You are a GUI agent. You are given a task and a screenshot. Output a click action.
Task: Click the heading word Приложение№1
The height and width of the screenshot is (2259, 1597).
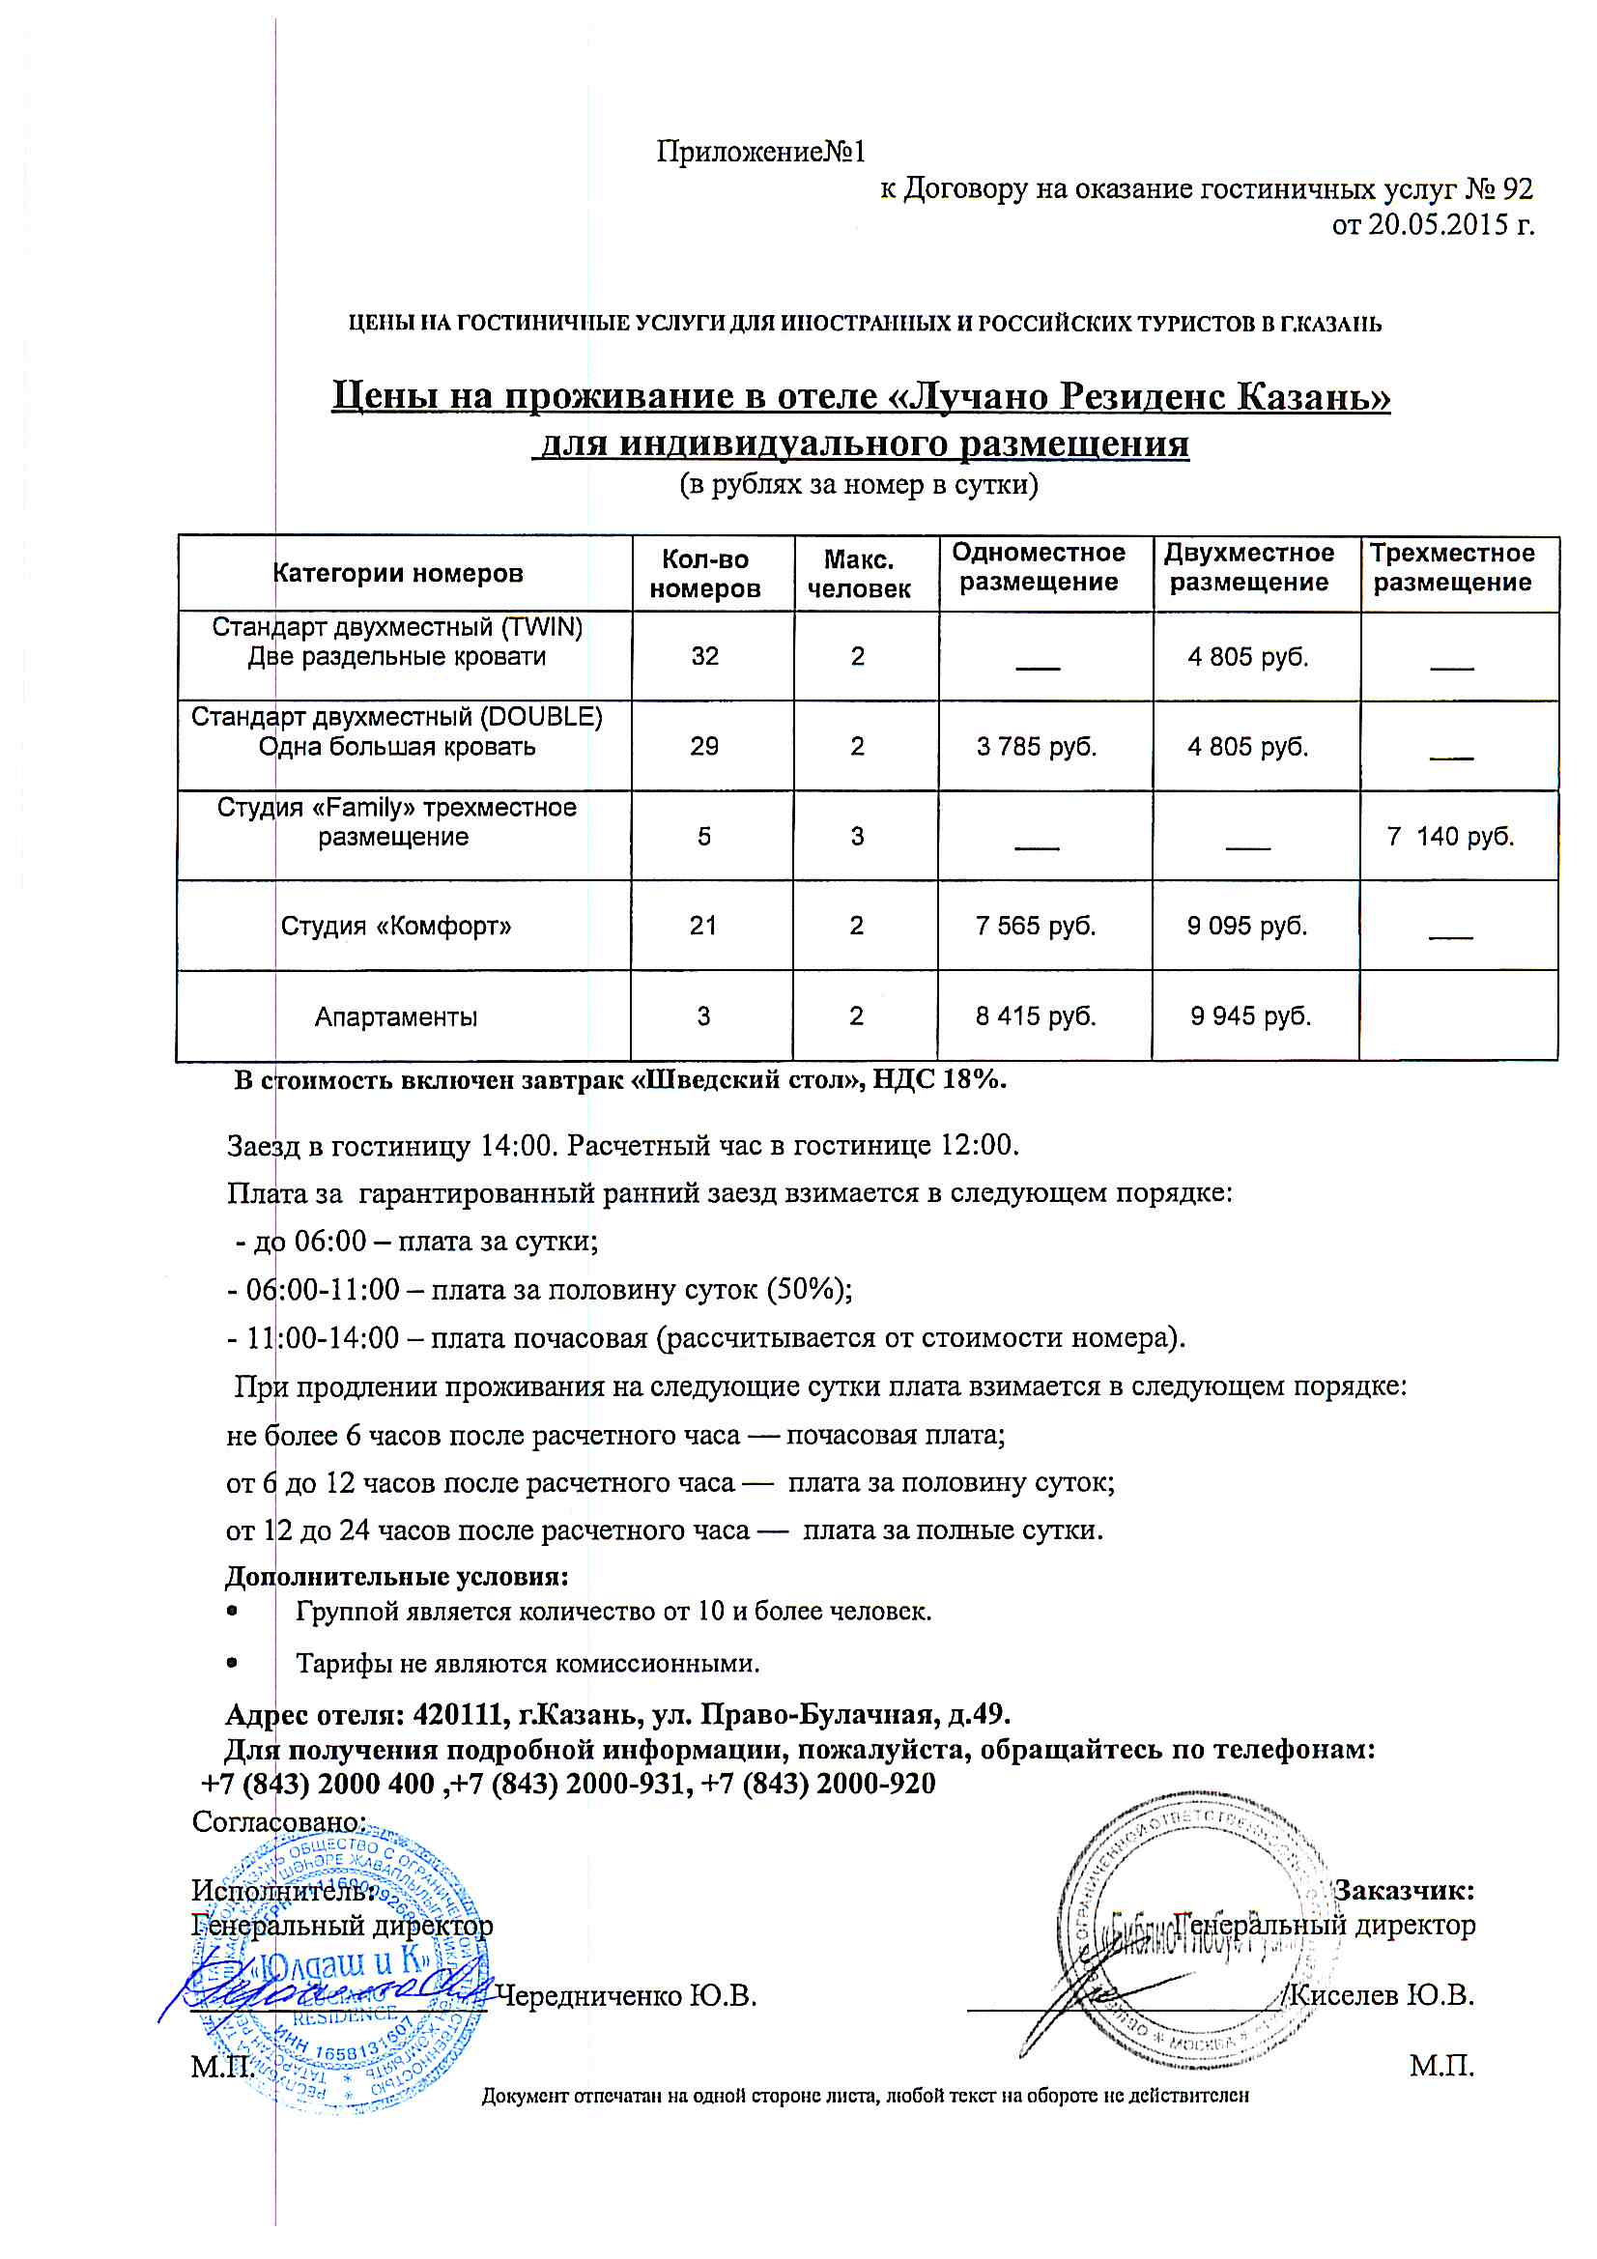760,152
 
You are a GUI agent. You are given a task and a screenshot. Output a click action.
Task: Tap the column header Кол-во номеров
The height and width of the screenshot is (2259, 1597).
704,575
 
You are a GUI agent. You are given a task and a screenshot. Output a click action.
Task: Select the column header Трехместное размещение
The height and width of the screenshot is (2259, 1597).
1451,568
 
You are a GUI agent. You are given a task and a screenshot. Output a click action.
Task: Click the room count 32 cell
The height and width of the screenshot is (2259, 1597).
704,656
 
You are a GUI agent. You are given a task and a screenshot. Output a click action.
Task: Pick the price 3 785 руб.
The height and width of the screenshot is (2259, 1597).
1036,747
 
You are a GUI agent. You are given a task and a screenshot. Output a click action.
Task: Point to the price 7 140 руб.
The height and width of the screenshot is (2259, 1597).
1450,838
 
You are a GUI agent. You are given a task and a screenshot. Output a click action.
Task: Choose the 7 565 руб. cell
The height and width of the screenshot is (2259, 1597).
1035,927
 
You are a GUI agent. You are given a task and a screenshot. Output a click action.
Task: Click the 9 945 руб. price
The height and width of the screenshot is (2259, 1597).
1250,1016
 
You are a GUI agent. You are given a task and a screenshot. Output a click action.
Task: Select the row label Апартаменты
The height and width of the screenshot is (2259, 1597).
395,1017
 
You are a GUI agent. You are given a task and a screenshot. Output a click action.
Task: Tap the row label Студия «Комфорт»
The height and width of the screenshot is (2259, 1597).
395,927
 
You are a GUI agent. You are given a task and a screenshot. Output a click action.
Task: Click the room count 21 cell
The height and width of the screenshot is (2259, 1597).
702,927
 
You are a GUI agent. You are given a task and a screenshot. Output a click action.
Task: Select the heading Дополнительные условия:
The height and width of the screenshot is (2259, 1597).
396,1577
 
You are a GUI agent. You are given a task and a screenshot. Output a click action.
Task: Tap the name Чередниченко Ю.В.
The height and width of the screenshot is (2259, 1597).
626,1996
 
